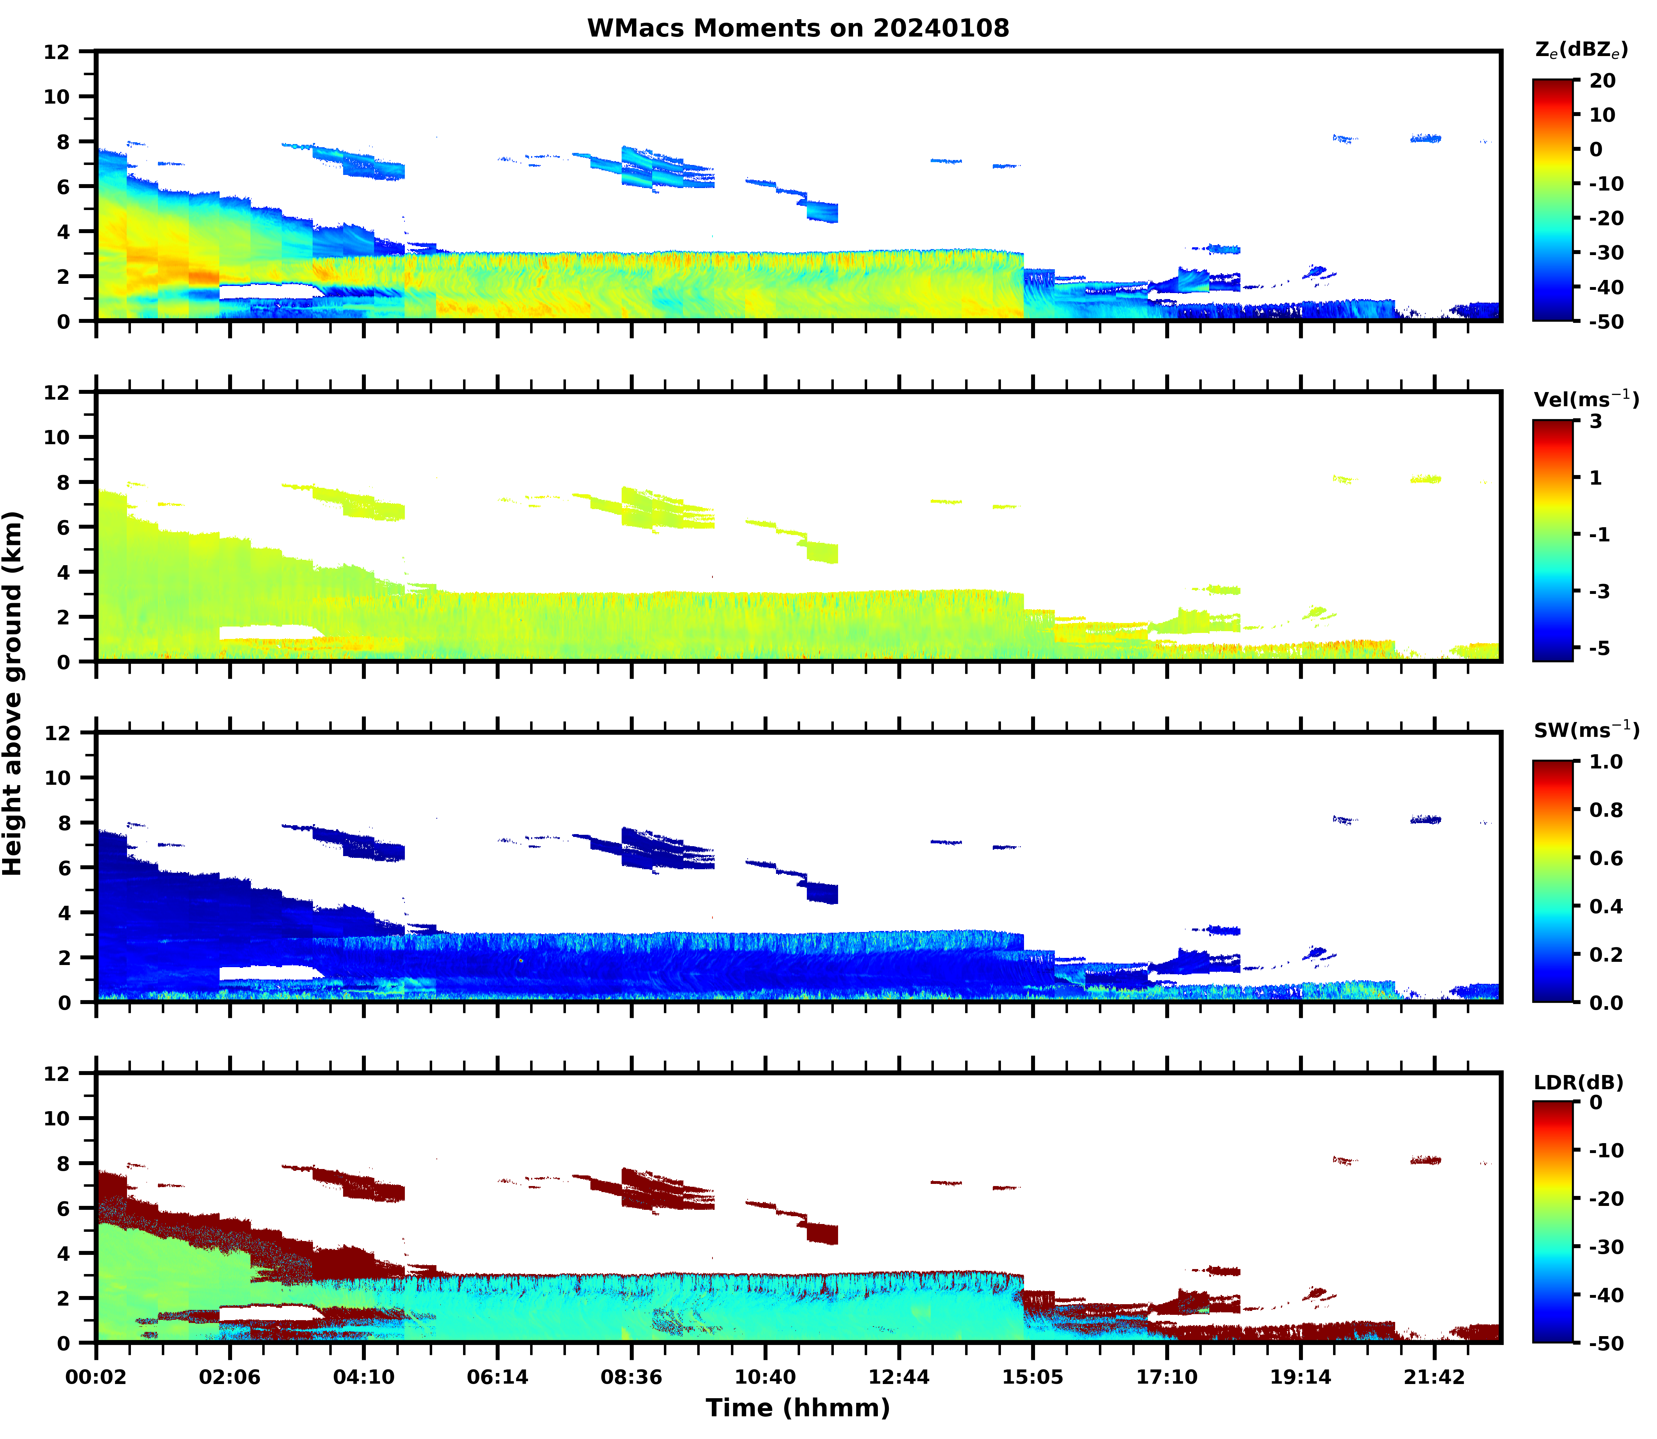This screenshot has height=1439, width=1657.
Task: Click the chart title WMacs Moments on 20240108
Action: point(798,28)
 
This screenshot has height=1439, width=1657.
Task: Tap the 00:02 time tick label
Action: point(97,1377)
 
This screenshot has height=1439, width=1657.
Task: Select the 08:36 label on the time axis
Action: point(631,1377)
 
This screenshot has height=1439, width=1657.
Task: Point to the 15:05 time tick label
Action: point(1032,1377)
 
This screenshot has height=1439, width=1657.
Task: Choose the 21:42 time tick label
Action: point(1434,1377)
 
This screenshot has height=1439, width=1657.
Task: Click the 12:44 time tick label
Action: point(899,1377)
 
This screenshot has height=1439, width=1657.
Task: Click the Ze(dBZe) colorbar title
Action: point(1581,50)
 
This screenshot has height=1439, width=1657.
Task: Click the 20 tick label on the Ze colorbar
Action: point(1602,80)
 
